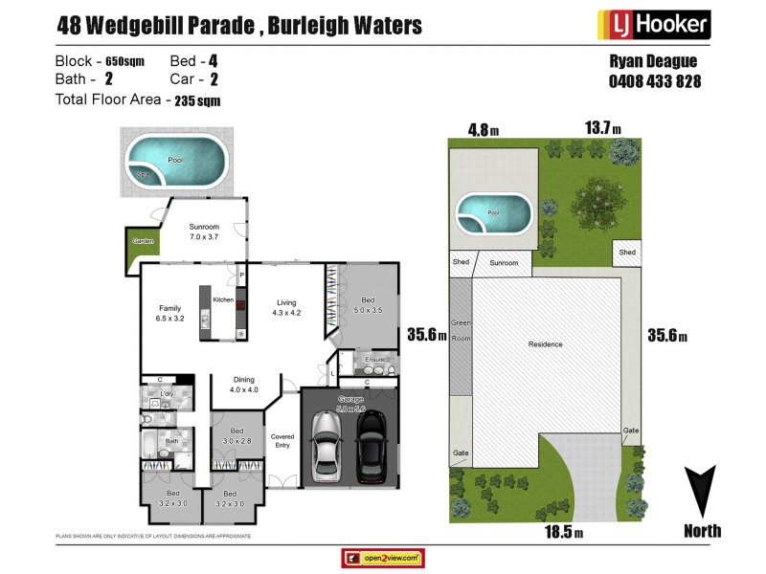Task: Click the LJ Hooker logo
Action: click(654, 25)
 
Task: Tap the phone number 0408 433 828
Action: click(655, 81)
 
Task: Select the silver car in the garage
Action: click(327, 445)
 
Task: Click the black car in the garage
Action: click(371, 445)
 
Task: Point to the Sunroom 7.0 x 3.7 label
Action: click(205, 232)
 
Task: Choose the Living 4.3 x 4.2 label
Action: click(287, 307)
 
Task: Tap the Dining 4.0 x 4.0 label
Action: click(244, 385)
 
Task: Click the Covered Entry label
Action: click(282, 441)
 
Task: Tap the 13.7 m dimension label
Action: click(603, 128)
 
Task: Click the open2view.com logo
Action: click(383, 558)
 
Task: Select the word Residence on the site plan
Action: click(544, 344)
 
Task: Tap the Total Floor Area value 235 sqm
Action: click(197, 99)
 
